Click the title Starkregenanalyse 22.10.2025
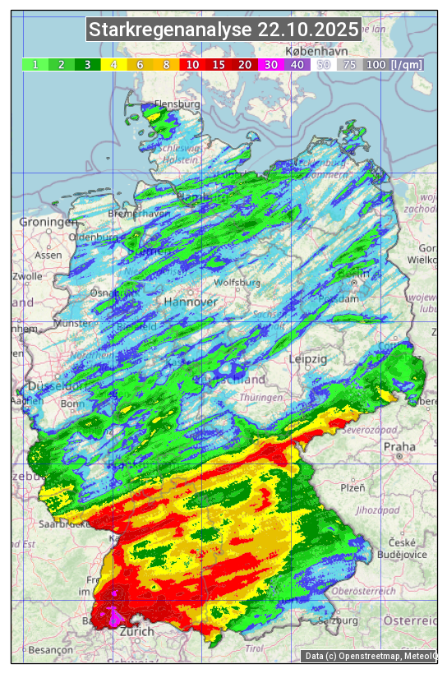click(223, 30)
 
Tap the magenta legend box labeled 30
click(271, 64)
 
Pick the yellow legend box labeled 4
click(113, 64)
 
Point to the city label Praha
click(399, 447)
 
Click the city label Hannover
click(191, 302)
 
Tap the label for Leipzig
click(308, 359)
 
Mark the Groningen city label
click(48, 223)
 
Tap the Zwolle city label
click(27, 276)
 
